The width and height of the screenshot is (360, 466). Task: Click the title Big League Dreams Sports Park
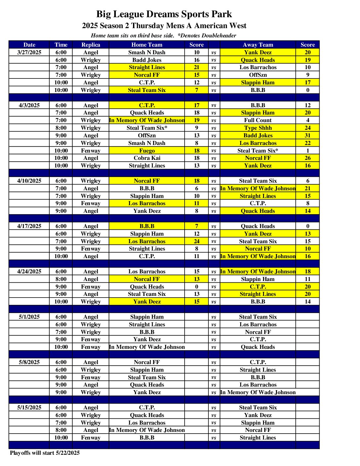pyautogui.click(x=164, y=14)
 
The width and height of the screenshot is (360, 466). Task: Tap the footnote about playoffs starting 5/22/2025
pyautogui.click(x=45, y=453)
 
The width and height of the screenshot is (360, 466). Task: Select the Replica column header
pyautogui.click(x=91, y=45)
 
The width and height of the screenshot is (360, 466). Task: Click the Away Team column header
pyautogui.click(x=258, y=45)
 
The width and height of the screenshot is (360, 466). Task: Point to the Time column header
pyautogui.click(x=61, y=45)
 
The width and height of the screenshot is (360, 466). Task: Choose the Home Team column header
pyautogui.click(x=147, y=45)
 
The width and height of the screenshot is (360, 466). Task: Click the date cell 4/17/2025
pyautogui.click(x=29, y=226)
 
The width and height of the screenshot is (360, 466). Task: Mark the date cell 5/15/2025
pyautogui.click(x=29, y=407)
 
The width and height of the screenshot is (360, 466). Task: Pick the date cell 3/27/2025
pyautogui.click(x=29, y=52)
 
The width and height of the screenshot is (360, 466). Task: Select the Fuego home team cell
pyautogui.click(x=147, y=151)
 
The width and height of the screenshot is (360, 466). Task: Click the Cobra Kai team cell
pyautogui.click(x=147, y=158)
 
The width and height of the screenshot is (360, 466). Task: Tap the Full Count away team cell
pyautogui.click(x=258, y=120)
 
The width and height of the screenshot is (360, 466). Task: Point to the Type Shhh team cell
pyautogui.click(x=258, y=128)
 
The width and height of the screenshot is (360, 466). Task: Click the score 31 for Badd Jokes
pyautogui.click(x=307, y=135)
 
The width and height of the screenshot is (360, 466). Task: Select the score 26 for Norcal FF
pyautogui.click(x=307, y=158)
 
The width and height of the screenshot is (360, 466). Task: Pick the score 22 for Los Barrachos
pyautogui.click(x=307, y=143)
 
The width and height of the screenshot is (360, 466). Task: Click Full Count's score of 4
pyautogui.click(x=307, y=120)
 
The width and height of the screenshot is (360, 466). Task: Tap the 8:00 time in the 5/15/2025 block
pyautogui.click(x=61, y=430)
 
